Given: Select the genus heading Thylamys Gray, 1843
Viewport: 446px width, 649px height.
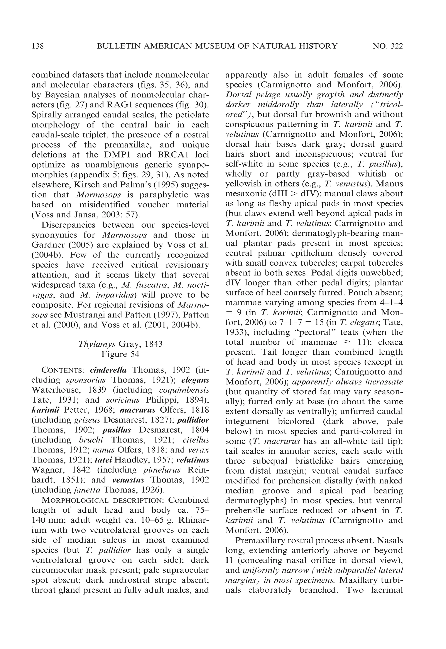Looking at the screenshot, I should tap(120, 344).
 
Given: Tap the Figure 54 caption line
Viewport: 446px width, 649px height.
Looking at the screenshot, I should tap(120, 354).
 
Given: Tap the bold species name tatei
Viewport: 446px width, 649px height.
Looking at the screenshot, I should tap(104, 460).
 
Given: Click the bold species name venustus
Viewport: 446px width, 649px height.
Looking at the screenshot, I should tap(128, 480).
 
